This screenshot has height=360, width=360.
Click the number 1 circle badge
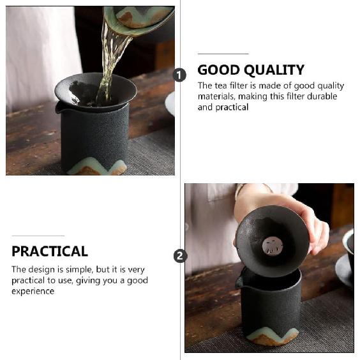[179, 75]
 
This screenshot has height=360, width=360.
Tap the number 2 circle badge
[180, 256]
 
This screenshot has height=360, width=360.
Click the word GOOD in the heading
[218, 70]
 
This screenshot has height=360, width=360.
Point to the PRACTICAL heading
[50, 251]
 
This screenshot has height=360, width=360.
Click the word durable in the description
[322, 96]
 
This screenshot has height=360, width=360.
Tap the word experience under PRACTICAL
[33, 291]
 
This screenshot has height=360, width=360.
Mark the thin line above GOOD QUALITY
[223, 54]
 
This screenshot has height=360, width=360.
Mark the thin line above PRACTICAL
[38, 236]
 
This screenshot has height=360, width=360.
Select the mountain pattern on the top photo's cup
[96, 167]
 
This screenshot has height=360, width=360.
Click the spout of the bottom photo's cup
[239, 280]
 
